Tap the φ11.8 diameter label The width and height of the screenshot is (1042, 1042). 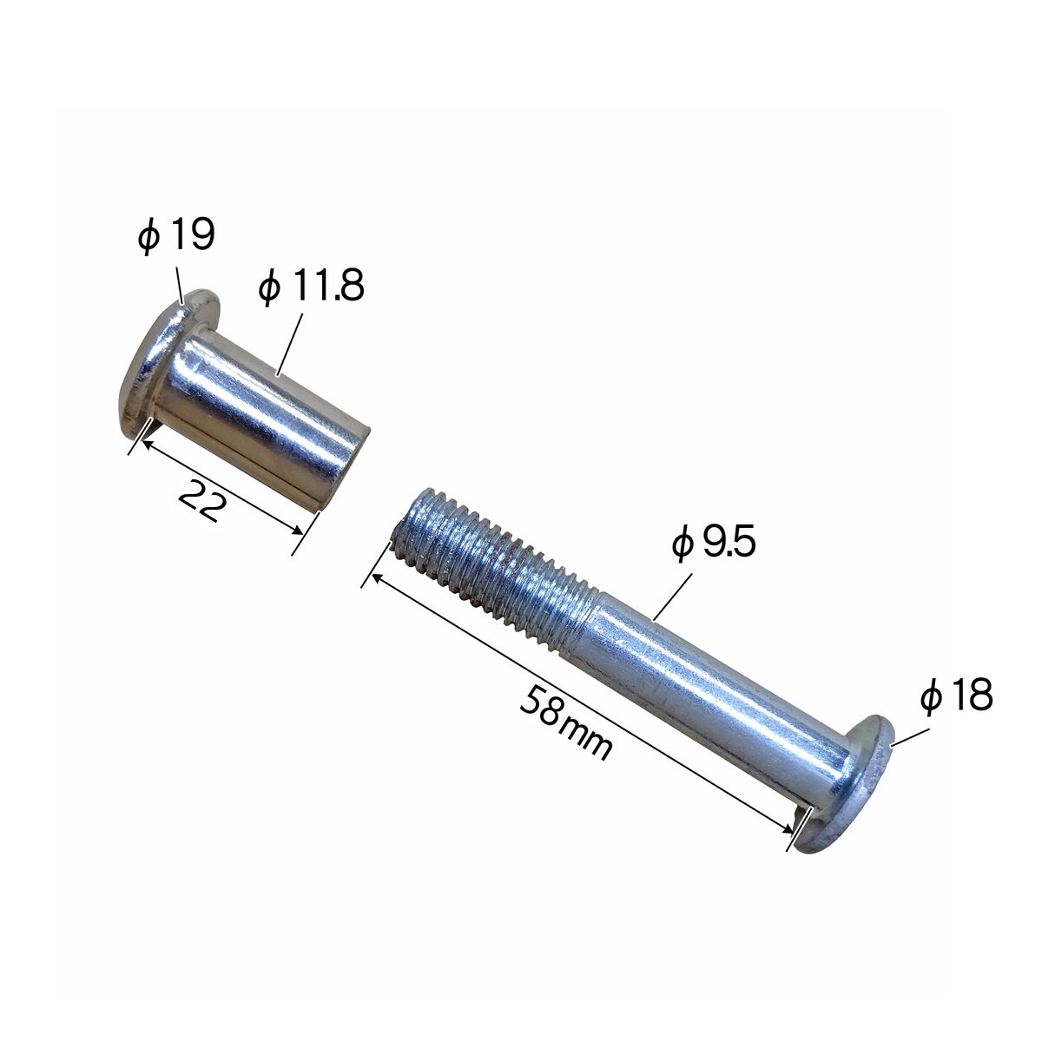point(312,286)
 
